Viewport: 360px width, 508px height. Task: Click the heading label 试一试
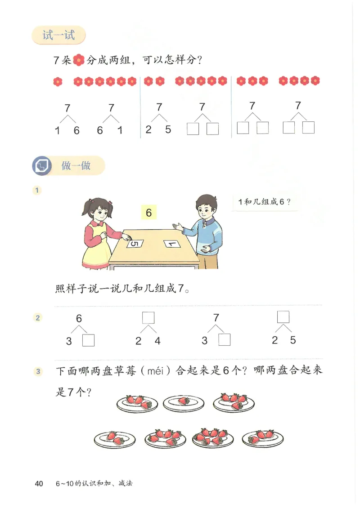58,35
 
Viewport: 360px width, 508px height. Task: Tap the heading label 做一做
76,166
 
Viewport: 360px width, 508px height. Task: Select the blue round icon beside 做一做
41,166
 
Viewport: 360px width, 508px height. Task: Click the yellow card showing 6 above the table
149,213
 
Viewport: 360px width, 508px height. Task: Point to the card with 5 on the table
135,244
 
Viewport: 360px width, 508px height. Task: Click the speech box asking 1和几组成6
265,202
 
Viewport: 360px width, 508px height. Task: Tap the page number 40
39,484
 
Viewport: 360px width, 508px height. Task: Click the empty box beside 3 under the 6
89,341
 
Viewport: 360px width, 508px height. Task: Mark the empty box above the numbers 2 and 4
148,318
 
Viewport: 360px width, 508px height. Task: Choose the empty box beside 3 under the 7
224,340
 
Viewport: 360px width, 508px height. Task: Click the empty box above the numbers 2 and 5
283,317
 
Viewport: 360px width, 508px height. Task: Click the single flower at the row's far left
58,81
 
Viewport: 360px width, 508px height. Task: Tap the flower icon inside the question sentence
79,60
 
